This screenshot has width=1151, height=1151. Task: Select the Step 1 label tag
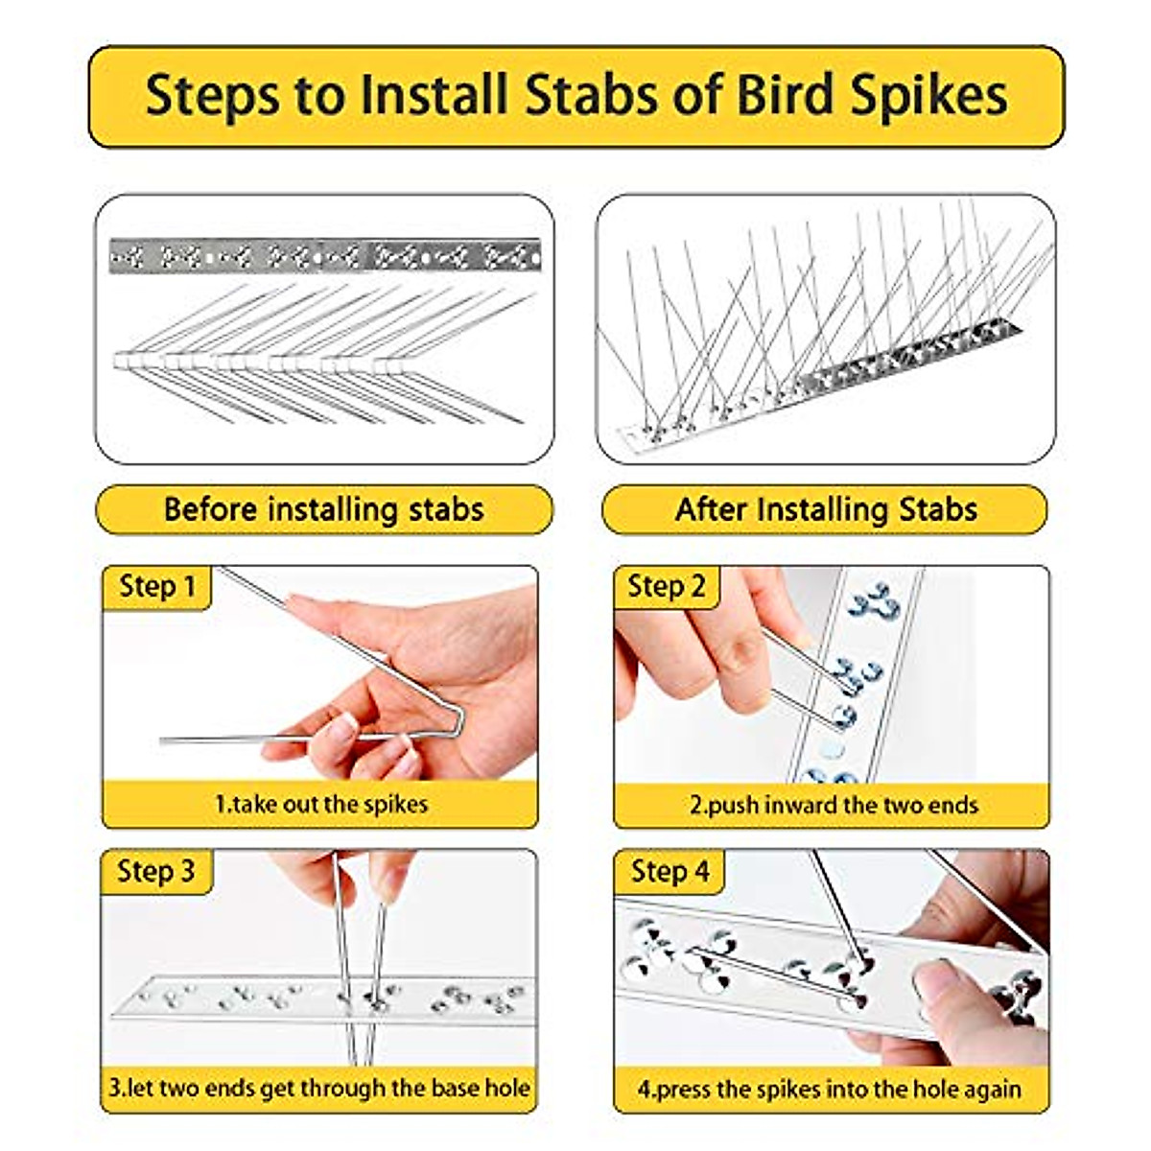(156, 587)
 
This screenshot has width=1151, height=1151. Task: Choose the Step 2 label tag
(666, 587)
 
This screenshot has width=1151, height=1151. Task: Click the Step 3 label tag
(155, 871)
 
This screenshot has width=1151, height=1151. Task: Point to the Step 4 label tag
(669, 871)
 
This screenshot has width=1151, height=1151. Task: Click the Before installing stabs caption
(323, 509)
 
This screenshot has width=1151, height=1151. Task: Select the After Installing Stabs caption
(826, 509)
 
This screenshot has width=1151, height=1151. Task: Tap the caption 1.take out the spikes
(320, 804)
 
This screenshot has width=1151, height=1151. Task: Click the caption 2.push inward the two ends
(833, 804)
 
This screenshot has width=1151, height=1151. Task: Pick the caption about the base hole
(318, 1088)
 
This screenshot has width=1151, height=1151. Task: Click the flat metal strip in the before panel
(324, 256)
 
